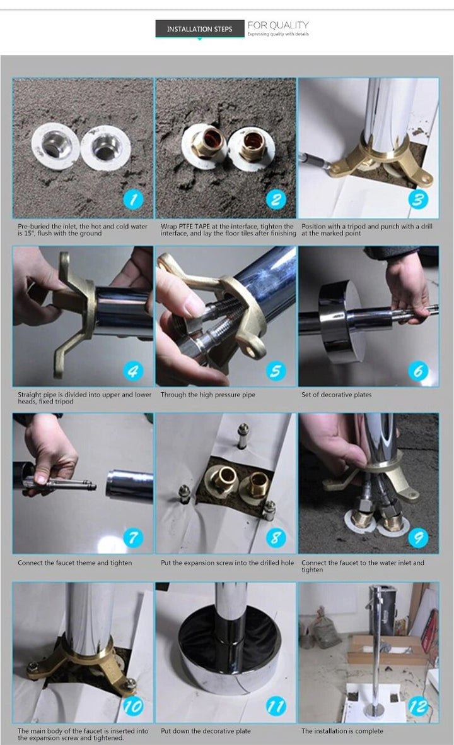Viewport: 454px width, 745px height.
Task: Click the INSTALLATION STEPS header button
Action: [200, 29]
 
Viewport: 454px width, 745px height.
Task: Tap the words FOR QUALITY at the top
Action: [278, 25]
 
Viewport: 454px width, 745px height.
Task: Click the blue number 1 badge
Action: [133, 200]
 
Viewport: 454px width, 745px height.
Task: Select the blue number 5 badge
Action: [276, 371]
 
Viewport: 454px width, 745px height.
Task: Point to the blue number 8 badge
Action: [276, 538]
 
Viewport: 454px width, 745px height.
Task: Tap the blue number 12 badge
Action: [419, 706]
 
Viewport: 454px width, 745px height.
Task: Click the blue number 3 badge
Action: [419, 200]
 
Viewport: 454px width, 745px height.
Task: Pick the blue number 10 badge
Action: [133, 706]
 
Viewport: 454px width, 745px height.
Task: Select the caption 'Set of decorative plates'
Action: [336, 395]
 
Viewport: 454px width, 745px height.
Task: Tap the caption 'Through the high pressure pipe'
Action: [208, 395]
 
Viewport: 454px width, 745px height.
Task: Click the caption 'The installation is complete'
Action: [342, 731]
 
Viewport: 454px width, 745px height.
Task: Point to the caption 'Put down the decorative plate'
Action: [206, 731]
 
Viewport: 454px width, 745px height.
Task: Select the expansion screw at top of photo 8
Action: [243, 436]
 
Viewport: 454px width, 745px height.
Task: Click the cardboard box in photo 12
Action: [387, 650]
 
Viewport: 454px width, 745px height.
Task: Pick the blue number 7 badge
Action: [133, 538]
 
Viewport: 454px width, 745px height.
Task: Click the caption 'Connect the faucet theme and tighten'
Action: [74, 563]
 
